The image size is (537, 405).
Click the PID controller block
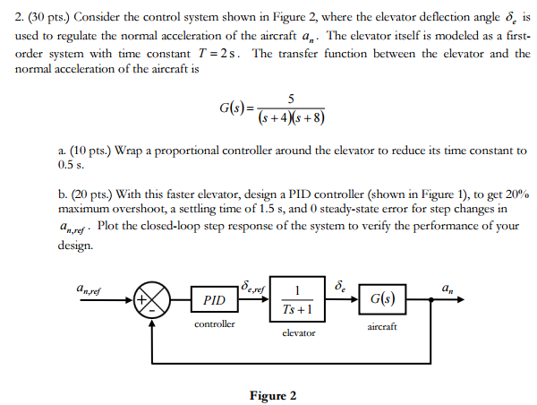(x=215, y=298)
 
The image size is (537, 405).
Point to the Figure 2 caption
(x=272, y=395)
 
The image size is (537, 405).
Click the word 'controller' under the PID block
(x=215, y=323)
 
